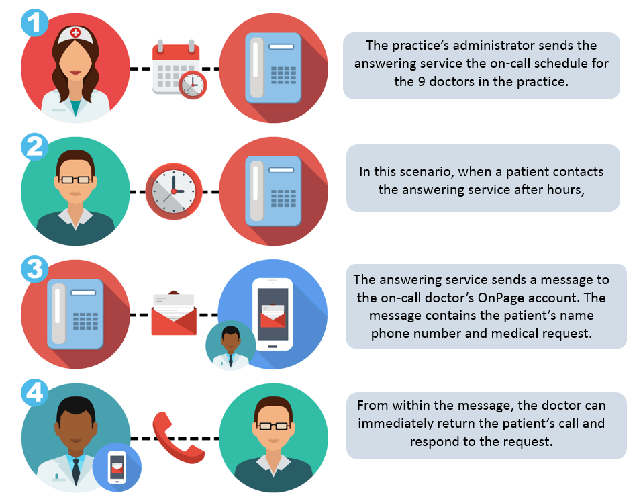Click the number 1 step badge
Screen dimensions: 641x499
click(35, 22)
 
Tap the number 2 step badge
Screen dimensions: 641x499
click(35, 146)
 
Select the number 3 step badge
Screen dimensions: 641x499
click(35, 269)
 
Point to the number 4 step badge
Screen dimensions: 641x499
click(35, 393)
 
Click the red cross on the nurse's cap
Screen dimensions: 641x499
click(75, 32)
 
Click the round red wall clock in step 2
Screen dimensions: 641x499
click(174, 191)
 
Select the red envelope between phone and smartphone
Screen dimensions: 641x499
click(174, 314)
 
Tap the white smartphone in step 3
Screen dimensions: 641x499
click(273, 314)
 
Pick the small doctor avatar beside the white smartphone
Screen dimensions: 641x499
click(231, 346)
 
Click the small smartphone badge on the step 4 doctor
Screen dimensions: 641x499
click(117, 467)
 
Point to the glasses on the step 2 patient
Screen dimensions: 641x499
click(75, 179)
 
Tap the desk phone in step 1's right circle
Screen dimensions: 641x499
click(273, 68)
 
